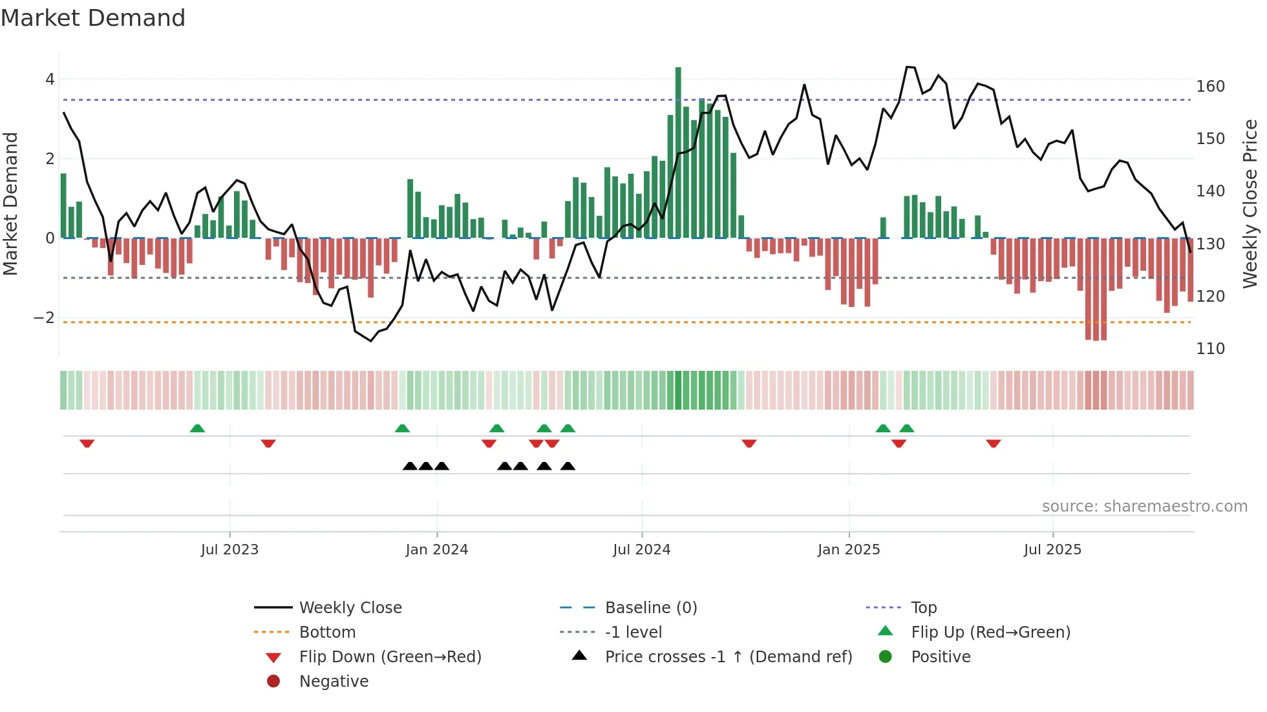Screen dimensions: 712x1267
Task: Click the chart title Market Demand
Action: coord(93,18)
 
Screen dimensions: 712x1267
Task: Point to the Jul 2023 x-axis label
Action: coord(229,550)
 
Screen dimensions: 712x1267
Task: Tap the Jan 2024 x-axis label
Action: coord(436,550)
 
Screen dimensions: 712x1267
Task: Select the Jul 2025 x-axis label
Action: coord(1052,550)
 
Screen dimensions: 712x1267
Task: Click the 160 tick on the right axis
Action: coord(1210,87)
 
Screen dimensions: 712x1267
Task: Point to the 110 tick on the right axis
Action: coord(1210,349)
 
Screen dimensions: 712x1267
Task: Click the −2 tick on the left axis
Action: coord(44,318)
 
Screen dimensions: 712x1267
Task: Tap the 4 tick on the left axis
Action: coord(50,79)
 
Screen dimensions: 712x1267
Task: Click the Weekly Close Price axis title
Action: coord(1250,204)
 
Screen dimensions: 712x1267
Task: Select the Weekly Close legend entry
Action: coord(350,608)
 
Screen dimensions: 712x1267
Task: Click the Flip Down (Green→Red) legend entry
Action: coord(390,657)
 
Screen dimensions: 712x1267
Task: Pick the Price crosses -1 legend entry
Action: coord(728,657)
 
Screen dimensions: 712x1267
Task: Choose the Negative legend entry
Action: coord(334,682)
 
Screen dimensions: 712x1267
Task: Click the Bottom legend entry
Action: coord(327,633)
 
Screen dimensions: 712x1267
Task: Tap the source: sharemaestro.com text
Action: coord(1144,507)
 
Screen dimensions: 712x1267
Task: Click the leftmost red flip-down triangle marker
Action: coord(87,443)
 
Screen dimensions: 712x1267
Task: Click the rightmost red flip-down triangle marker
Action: coord(994,443)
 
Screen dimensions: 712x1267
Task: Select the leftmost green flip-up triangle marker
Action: coord(197,428)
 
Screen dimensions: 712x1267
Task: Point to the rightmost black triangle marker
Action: coord(568,466)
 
